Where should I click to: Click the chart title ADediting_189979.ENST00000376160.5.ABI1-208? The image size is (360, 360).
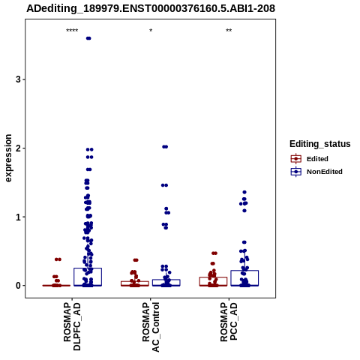tap(151, 8)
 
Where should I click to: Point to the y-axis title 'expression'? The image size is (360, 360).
tap(8, 158)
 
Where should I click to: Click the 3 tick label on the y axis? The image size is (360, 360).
tap(18, 79)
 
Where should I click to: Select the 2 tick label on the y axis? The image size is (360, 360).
tap(18, 148)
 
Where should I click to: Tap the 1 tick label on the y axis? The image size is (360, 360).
tap(18, 217)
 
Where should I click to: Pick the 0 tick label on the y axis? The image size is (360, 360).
tap(18, 286)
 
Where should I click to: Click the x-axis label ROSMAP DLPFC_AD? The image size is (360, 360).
tap(72, 326)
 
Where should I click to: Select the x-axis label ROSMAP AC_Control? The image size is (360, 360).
tap(151, 327)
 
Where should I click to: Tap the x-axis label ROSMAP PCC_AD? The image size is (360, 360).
tap(229, 322)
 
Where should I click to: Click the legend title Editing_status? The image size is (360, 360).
tap(320, 144)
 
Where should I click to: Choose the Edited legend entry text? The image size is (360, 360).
tap(317, 159)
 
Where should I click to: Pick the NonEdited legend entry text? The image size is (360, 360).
tap(325, 172)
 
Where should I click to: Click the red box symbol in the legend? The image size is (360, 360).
tap(296, 159)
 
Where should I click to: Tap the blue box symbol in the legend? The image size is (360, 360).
tap(296, 172)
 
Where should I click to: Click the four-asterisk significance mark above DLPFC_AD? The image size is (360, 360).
tap(72, 31)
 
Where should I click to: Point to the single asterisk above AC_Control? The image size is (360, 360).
tap(151, 31)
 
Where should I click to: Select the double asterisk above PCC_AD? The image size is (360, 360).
tap(229, 31)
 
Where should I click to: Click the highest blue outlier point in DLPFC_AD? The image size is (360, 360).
tap(88, 38)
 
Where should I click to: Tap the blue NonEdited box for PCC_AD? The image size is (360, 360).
tap(244, 278)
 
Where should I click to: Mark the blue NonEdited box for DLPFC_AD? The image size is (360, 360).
tap(88, 277)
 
